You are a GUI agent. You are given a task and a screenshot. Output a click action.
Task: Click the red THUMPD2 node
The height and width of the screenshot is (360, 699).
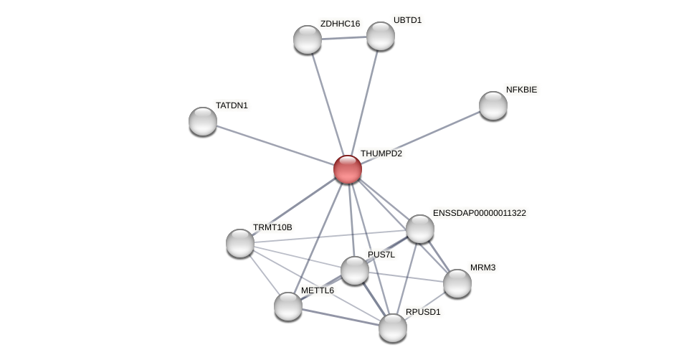[x=348, y=169]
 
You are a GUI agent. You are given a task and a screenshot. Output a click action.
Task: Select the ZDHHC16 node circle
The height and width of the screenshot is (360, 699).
[x=308, y=39]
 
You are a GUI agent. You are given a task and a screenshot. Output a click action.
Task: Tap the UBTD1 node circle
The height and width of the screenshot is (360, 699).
[x=381, y=36]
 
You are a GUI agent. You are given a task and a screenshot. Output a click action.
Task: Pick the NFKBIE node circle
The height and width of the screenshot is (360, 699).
[x=493, y=105]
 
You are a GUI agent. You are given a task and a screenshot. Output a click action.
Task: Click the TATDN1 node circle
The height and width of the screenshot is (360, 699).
[x=203, y=121]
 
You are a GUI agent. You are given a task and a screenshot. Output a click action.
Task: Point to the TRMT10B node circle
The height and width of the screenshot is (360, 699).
[x=240, y=243]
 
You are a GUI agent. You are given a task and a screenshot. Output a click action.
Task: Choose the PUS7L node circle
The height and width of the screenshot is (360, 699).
[x=355, y=270]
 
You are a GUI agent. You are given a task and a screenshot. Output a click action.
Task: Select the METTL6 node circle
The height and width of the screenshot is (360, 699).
[x=288, y=306]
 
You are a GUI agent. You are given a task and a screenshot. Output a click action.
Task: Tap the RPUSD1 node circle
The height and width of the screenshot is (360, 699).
[x=393, y=328]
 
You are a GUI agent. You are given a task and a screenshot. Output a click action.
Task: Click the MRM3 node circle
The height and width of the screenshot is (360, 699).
[x=457, y=283]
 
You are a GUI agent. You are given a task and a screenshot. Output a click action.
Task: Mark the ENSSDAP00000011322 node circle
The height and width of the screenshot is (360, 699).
[x=420, y=229]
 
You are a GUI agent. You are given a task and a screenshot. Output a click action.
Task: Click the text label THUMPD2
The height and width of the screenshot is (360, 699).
[x=381, y=153]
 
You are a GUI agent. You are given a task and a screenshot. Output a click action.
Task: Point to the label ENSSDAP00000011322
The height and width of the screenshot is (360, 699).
[x=479, y=213]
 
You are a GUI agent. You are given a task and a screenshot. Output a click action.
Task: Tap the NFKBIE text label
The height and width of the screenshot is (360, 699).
[x=521, y=90]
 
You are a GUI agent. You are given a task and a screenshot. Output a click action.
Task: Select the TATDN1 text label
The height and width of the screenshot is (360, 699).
[x=232, y=105]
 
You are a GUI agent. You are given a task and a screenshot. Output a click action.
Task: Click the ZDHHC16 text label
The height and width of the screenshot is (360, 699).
[x=340, y=24]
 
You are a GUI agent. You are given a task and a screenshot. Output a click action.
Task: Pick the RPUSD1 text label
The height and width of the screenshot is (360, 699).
[x=423, y=312]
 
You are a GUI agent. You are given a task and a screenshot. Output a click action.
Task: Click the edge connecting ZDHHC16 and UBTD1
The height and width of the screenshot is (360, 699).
[x=344, y=37]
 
